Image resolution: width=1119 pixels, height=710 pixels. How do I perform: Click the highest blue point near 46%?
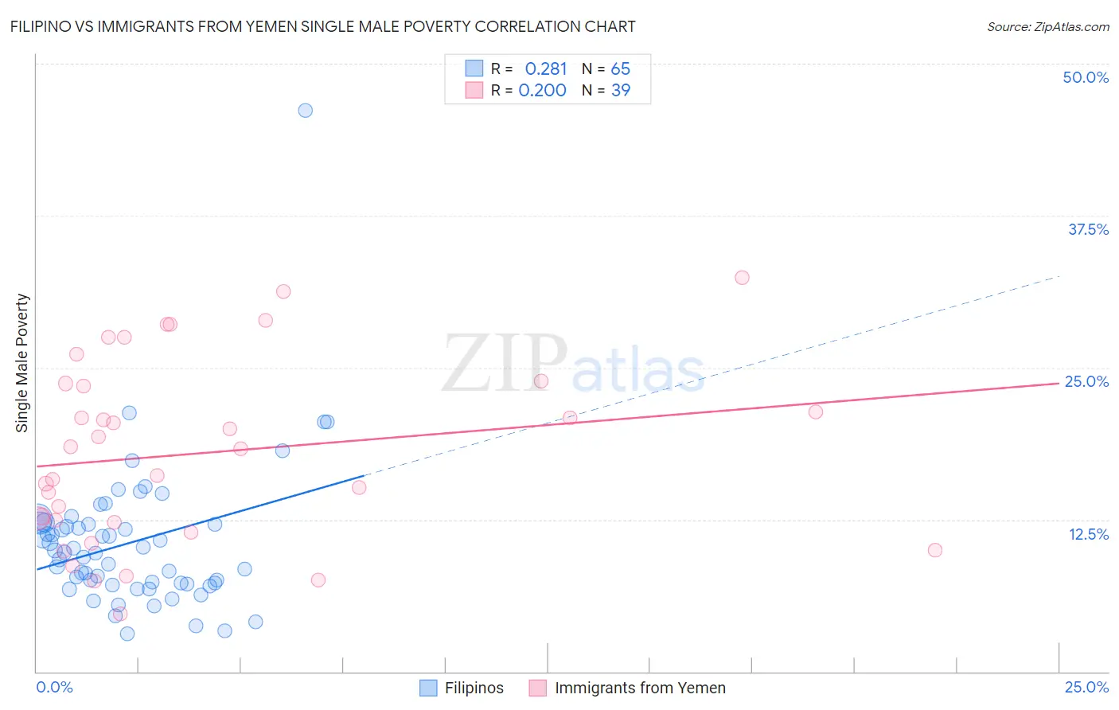pos(305,111)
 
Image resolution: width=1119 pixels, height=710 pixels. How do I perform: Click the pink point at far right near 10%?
pos(935,550)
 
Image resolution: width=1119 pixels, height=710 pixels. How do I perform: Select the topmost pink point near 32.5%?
pos(742,278)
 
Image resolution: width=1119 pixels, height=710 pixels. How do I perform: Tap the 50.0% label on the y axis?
pos(1086,77)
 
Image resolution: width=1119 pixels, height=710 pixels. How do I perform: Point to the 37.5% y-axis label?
pos(1088,229)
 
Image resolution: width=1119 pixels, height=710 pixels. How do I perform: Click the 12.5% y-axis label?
pos(1088,534)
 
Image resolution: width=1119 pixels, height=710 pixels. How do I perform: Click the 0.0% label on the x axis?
pos(54,687)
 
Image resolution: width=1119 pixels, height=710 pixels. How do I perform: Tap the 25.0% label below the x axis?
pos(1086,687)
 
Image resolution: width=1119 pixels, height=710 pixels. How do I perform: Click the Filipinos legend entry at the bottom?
pos(474,688)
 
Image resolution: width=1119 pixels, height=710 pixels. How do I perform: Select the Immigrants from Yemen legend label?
pos(640,688)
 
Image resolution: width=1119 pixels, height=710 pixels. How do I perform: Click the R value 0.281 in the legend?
pos(545,68)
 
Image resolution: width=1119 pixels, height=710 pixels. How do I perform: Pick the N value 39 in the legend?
pos(620,91)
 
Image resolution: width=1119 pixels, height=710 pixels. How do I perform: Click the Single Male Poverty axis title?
pos(22,363)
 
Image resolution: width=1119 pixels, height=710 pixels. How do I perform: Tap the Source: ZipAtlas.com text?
pos(1047,26)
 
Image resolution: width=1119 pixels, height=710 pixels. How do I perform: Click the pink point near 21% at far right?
pos(815,412)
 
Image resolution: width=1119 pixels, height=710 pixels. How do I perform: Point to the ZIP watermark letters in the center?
pos(505,364)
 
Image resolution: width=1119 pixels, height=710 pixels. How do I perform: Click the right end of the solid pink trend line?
pos(1059,383)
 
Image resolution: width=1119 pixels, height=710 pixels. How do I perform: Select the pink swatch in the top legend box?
pos(474,90)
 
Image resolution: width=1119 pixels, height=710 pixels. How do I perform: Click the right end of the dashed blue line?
pos(1060,276)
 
